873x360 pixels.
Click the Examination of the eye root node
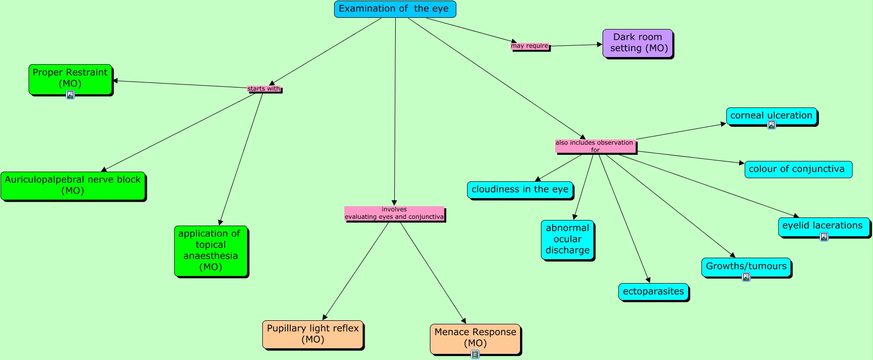[x=395, y=9]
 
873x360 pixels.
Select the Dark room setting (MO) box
[x=638, y=43]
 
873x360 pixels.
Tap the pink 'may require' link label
[x=530, y=46]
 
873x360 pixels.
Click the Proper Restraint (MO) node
[x=70, y=78]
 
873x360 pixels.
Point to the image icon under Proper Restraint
[x=70, y=95]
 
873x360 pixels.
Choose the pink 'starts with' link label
[x=264, y=89]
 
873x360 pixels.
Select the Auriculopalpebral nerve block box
[x=73, y=185]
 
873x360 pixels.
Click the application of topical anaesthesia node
[x=210, y=251]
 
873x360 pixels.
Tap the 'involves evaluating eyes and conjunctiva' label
[x=394, y=213]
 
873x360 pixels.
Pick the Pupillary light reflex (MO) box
[x=313, y=334]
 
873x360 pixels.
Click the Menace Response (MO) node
[x=475, y=338]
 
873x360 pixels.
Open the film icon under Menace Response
[x=475, y=354]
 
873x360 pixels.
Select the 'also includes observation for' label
[x=595, y=146]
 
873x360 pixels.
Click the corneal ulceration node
[x=771, y=116]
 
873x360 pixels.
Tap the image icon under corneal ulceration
[x=772, y=125]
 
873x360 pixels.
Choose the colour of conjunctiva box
[x=798, y=169]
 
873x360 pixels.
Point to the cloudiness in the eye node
[x=520, y=189]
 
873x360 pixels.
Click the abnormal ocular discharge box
[x=567, y=239]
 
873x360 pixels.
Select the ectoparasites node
[x=653, y=292]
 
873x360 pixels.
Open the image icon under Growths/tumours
[x=746, y=277]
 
